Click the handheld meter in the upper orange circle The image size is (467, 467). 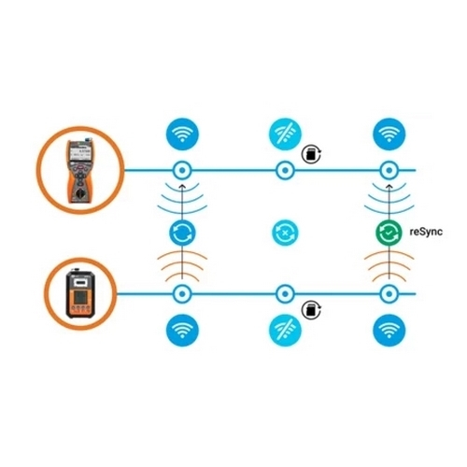[79, 171]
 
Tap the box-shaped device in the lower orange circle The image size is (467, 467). [80, 293]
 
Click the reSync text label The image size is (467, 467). [426, 232]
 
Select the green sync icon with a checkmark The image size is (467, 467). [389, 233]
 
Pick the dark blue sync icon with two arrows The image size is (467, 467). [182, 233]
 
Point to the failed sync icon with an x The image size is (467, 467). [285, 233]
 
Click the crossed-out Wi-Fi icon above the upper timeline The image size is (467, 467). [285, 134]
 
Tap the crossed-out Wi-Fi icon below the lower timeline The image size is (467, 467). [285, 330]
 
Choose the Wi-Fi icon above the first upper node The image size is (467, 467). [182, 134]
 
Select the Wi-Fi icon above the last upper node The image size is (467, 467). [389, 134]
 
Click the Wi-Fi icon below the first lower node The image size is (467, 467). [182, 330]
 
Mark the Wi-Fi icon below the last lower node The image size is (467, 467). [389, 330]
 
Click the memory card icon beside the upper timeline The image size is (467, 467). [311, 154]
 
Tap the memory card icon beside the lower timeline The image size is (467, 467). [311, 309]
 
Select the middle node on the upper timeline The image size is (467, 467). [285, 170]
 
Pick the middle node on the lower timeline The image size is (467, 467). [285, 293]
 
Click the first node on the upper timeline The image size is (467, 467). [182, 170]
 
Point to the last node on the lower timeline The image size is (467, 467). [389, 293]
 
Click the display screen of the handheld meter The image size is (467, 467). [80, 154]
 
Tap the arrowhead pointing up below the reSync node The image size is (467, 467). [389, 187]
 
